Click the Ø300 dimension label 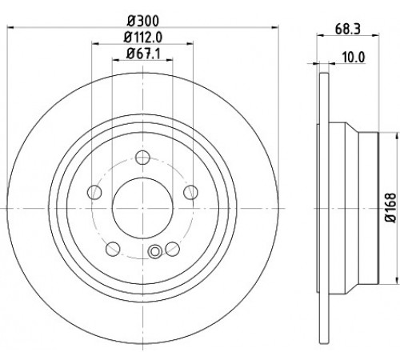point(142,21)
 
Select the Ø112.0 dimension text point(143,37)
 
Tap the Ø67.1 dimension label point(143,54)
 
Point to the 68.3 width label point(348,29)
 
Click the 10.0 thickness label point(354,57)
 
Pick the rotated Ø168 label point(390,208)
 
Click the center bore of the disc point(142,208)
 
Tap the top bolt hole point(142,158)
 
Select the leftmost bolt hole point(94,192)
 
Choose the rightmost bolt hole point(191,192)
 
